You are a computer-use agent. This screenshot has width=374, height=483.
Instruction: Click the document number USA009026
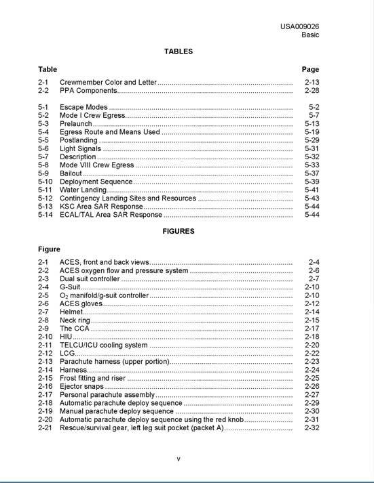(299, 26)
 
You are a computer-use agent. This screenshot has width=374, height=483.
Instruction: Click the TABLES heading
(179, 51)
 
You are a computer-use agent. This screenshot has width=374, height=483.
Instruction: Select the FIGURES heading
(179, 231)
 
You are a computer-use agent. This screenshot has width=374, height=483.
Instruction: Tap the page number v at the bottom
(179, 459)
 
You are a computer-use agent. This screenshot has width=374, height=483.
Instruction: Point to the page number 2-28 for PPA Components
(312, 90)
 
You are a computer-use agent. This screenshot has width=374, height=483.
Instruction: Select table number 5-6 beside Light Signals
(43, 148)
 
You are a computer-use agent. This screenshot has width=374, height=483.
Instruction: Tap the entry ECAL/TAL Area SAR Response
(111, 215)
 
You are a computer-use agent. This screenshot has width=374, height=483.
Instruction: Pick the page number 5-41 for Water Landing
(312, 190)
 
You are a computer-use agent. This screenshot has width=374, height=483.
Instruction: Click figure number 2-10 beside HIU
(45, 337)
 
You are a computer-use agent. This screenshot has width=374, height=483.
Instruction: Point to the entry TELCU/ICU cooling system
(103, 345)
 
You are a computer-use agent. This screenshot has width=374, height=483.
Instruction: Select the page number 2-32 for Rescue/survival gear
(312, 428)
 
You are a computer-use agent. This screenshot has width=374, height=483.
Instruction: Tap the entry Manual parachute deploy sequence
(117, 411)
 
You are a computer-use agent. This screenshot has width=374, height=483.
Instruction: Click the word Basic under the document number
(310, 35)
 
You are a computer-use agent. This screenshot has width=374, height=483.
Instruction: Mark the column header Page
(310, 69)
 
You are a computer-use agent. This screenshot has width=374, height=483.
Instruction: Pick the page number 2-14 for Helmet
(312, 312)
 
